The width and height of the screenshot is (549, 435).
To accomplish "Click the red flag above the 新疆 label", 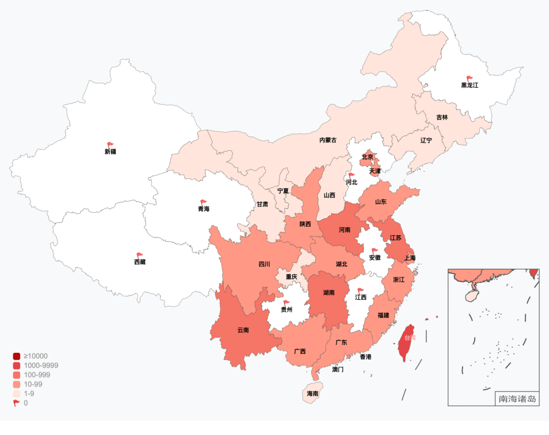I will (x=110, y=145).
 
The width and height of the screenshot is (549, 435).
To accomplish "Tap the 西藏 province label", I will (x=140, y=262).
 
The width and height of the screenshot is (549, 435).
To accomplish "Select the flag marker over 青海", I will (x=204, y=203).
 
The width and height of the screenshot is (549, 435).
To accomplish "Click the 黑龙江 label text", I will (x=470, y=85).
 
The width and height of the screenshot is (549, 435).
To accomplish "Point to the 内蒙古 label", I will (x=328, y=140).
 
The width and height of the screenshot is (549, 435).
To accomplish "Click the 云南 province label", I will (x=243, y=330).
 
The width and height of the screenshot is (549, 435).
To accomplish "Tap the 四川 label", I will (x=264, y=264).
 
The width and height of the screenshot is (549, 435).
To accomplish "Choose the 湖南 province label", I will (x=329, y=293).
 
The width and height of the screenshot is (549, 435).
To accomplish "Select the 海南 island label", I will (x=313, y=393).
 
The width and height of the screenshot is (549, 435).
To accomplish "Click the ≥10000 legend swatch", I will (x=17, y=356).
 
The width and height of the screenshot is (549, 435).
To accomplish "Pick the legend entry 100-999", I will (x=36, y=375).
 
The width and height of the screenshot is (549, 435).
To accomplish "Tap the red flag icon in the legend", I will (x=17, y=403).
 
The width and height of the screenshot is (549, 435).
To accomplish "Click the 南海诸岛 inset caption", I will (x=517, y=399).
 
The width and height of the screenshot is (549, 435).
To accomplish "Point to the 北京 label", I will (x=368, y=157).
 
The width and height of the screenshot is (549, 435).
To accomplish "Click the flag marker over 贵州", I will (x=287, y=303).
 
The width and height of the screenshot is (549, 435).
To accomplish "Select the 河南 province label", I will (x=345, y=230).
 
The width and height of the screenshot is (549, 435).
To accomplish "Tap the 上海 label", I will (x=410, y=258).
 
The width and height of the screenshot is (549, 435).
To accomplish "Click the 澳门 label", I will (x=338, y=370).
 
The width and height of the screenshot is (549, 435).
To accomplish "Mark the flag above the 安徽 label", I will (x=375, y=251).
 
